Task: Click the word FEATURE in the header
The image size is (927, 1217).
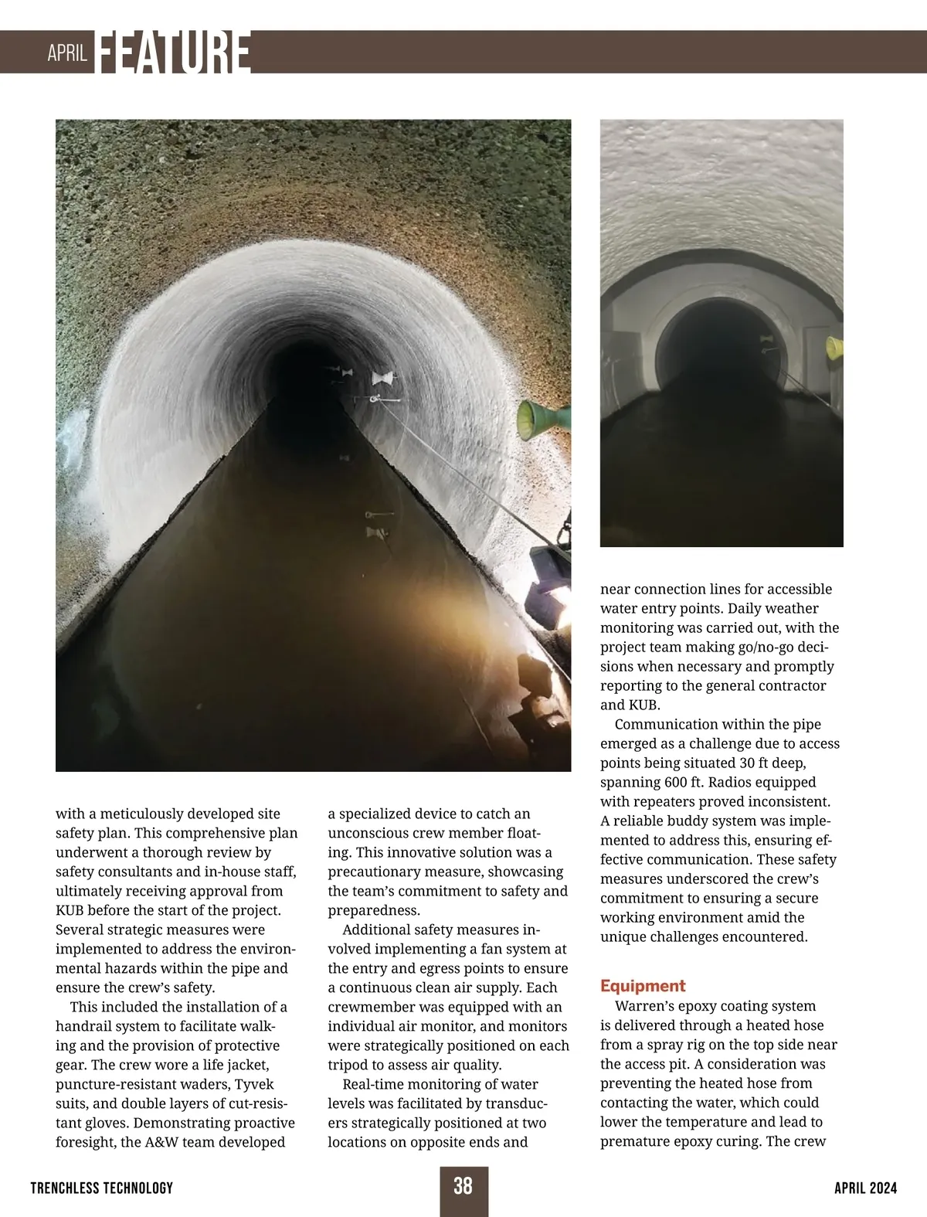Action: click(174, 53)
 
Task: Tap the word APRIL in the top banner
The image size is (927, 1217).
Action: click(66, 53)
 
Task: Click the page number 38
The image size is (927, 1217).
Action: click(463, 1185)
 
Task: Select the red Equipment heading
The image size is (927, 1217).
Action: click(643, 986)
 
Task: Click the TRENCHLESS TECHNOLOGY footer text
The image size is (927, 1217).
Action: click(102, 1188)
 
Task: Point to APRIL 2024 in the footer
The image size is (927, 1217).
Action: click(865, 1188)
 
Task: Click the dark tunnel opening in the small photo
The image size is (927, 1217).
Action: click(718, 348)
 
